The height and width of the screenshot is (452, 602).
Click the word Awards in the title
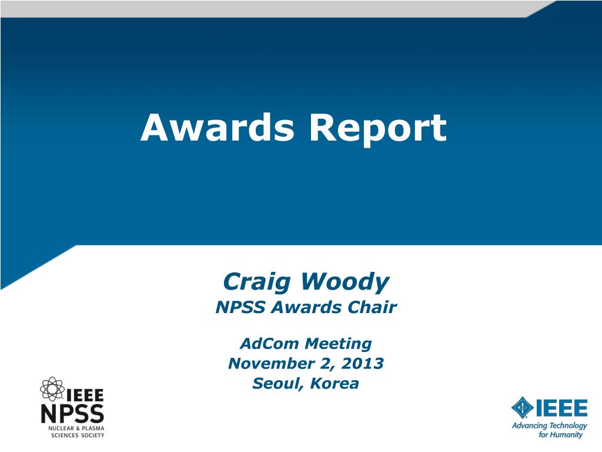(x=218, y=128)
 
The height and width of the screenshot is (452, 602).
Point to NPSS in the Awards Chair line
(x=235, y=307)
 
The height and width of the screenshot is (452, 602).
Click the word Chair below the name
(x=373, y=307)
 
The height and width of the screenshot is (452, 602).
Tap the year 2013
(x=362, y=363)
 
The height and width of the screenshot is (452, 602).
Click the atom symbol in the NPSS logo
(x=51, y=388)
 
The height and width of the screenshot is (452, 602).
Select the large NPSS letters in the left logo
(x=72, y=414)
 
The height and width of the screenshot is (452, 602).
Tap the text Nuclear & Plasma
(x=76, y=428)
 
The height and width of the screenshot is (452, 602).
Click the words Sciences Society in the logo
(x=77, y=436)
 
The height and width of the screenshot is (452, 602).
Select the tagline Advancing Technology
(x=549, y=426)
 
